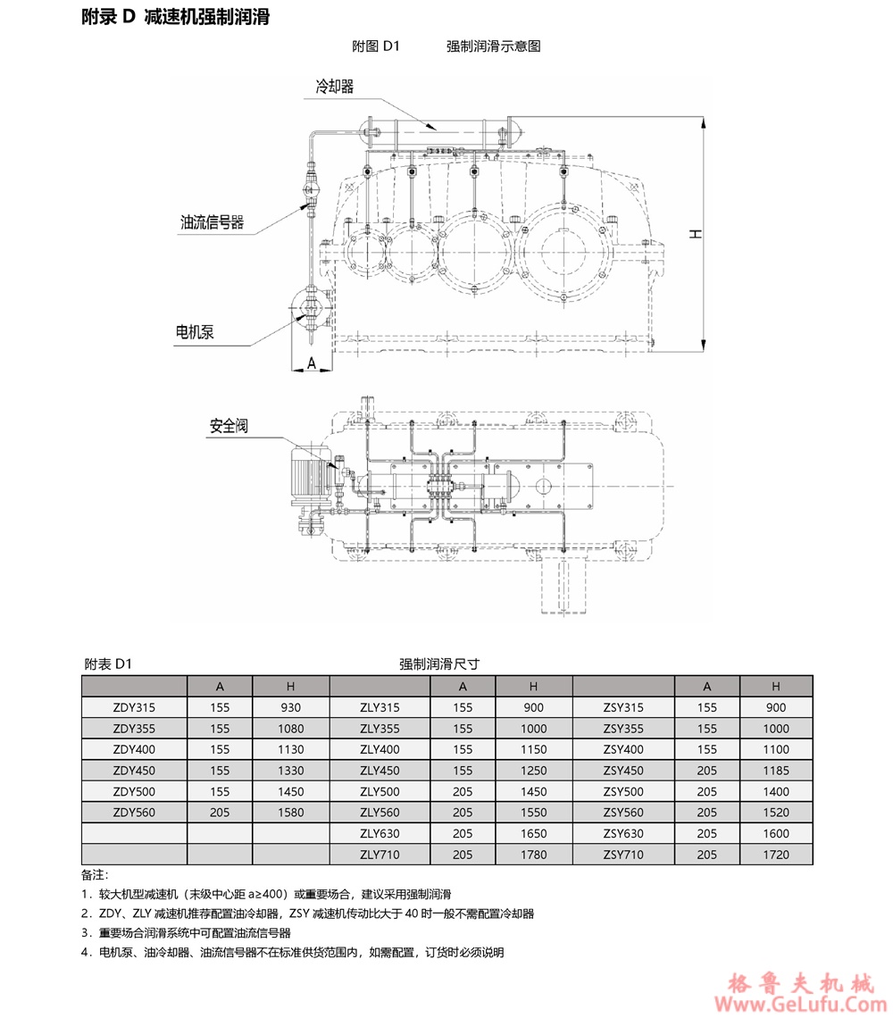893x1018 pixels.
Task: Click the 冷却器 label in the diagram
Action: (x=335, y=87)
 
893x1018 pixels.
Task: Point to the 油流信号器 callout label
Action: (x=212, y=222)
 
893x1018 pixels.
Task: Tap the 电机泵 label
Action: (x=194, y=332)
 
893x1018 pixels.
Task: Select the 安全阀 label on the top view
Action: (x=229, y=426)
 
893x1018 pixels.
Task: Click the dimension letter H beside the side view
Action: (x=696, y=234)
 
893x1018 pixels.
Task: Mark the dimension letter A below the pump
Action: (x=312, y=363)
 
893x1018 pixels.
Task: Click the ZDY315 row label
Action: (x=135, y=707)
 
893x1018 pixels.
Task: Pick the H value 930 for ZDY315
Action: (x=291, y=707)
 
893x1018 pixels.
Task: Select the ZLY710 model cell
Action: (x=380, y=855)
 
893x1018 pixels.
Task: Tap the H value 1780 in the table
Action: (x=534, y=855)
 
